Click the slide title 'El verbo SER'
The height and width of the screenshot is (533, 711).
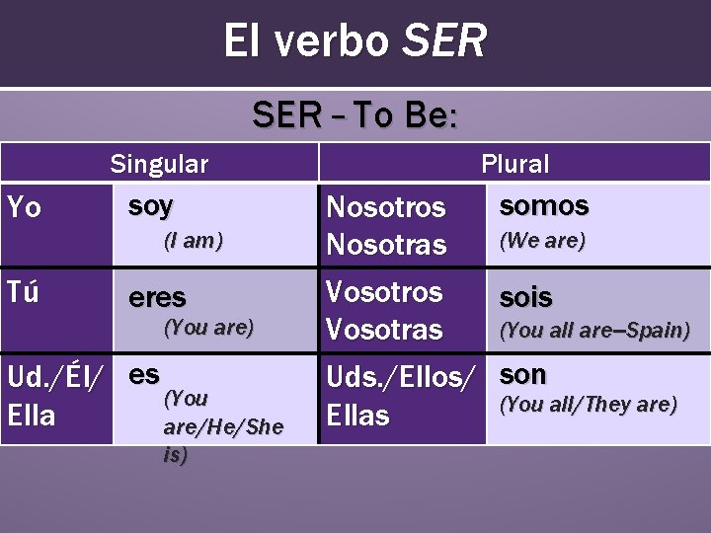tap(355, 41)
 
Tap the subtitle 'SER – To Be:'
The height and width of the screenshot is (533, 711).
tap(355, 115)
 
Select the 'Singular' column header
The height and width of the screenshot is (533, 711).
tap(159, 164)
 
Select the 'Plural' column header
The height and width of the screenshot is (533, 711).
tap(514, 164)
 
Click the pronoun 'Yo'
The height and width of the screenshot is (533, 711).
tap(25, 207)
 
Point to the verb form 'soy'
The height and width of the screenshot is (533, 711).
tap(150, 206)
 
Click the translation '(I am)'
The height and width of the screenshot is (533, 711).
tap(194, 240)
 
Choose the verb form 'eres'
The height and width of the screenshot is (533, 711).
tap(157, 297)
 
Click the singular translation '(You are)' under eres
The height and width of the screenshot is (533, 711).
tap(208, 327)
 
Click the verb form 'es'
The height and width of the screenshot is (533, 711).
tap(144, 374)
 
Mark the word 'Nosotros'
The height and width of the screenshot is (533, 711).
tap(386, 207)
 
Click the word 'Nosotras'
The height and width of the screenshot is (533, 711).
tap(386, 244)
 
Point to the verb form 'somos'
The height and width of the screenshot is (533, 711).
tap(544, 206)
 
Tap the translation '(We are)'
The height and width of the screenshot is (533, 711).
tap(542, 240)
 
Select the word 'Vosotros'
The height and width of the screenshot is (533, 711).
tap(384, 292)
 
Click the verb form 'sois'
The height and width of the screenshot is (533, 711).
tap(526, 297)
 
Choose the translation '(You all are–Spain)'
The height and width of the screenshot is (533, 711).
tap(594, 331)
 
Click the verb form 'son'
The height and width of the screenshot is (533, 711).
tap(523, 374)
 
